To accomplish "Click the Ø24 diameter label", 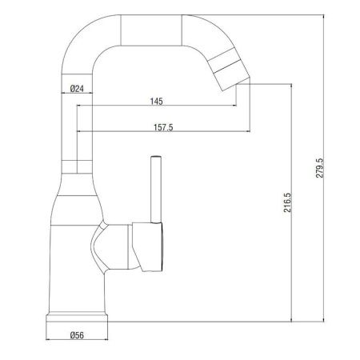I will point(78,89).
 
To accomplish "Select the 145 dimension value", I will point(157,101).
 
